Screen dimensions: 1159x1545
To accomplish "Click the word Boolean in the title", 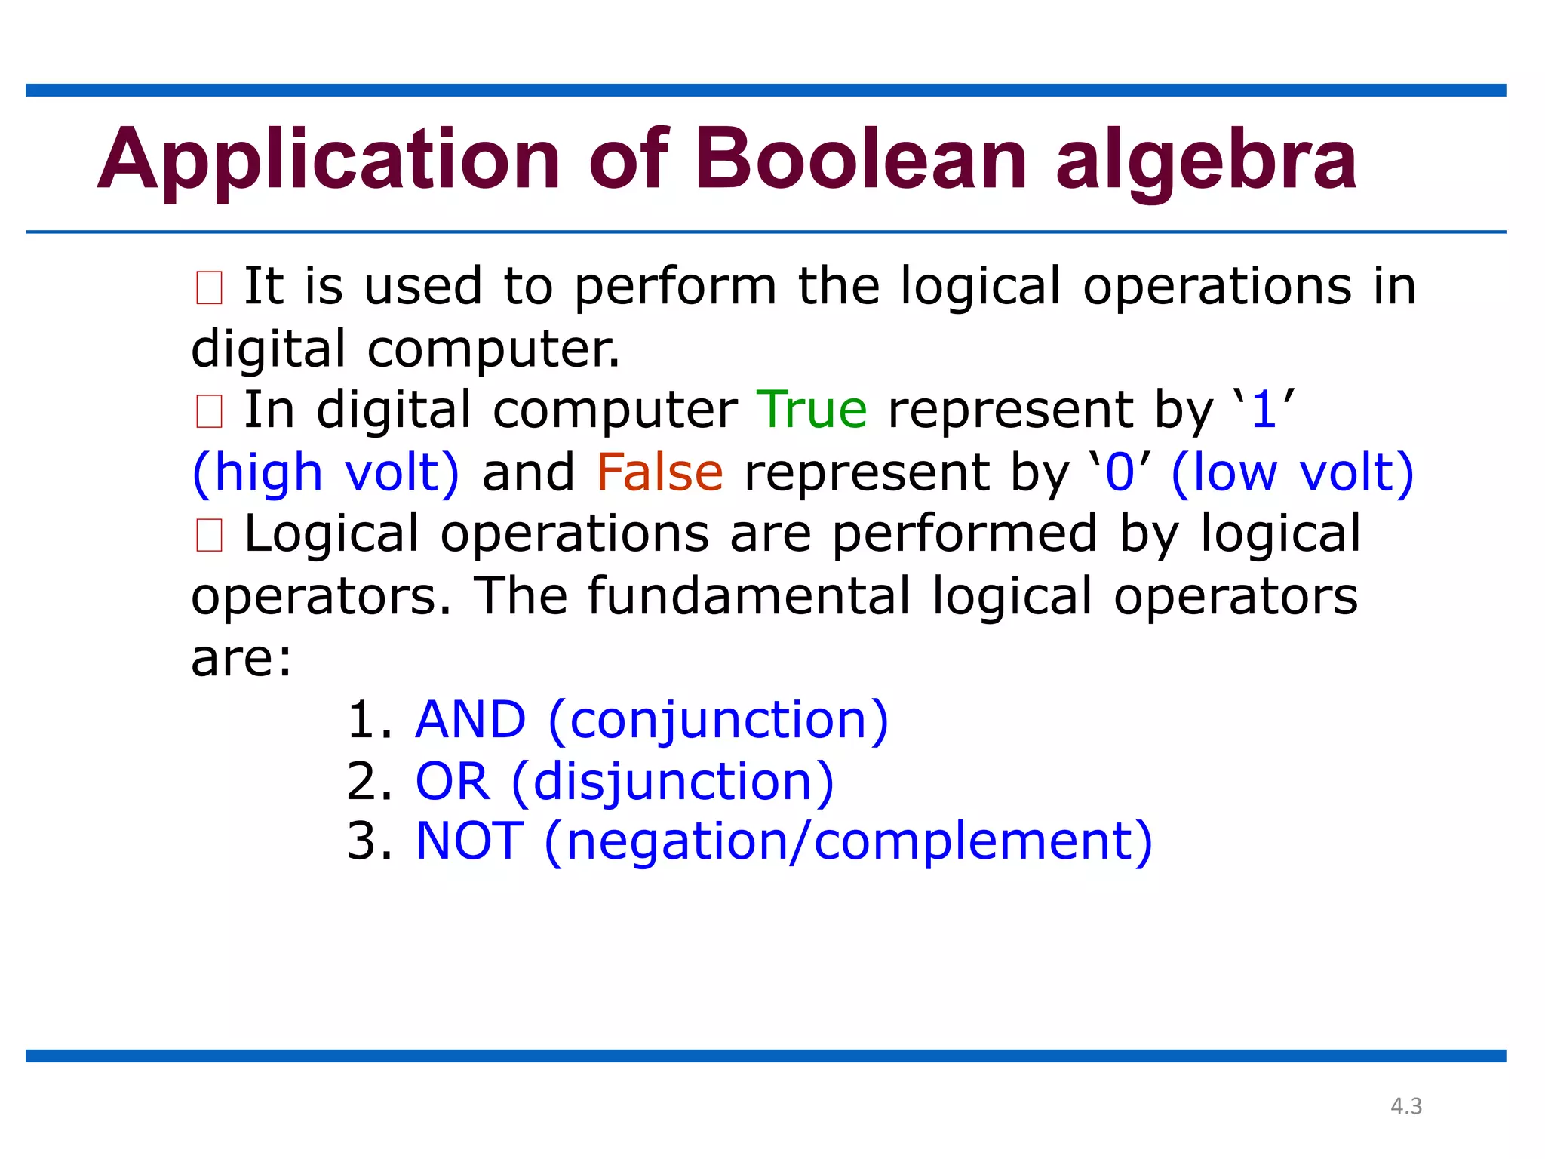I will click(861, 160).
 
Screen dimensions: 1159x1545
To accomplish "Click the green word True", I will click(812, 410).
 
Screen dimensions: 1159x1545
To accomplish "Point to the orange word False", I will click(659, 472).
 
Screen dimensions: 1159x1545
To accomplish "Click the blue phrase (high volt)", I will click(326, 473).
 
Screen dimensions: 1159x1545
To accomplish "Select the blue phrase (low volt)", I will click(1292, 473).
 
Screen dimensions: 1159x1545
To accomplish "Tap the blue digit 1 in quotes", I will click(1264, 410).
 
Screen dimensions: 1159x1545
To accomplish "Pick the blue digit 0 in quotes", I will click(1120, 473).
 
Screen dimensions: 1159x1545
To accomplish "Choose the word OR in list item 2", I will click(453, 781).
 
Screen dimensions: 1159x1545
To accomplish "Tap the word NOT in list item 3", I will click(469, 841).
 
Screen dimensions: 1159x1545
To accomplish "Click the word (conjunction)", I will click(718, 721).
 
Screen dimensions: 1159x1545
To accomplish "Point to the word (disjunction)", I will click(673, 782).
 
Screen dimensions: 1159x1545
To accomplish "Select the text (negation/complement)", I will click(848, 842).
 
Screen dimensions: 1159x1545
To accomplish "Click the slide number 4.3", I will click(1406, 1106).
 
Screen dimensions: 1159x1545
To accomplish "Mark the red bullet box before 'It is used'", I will click(209, 288).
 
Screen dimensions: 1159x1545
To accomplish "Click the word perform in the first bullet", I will click(675, 288).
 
